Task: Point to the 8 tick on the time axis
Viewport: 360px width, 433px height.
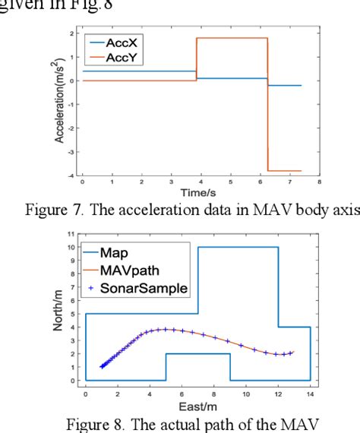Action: (319, 183)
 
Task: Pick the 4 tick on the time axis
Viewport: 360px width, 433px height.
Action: (201, 183)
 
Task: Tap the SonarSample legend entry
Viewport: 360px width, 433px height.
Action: (141, 288)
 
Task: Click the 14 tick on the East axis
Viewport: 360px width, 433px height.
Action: (310, 389)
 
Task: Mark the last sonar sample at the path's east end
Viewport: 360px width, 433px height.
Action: (291, 352)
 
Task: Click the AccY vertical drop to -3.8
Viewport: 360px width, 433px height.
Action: (268, 106)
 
